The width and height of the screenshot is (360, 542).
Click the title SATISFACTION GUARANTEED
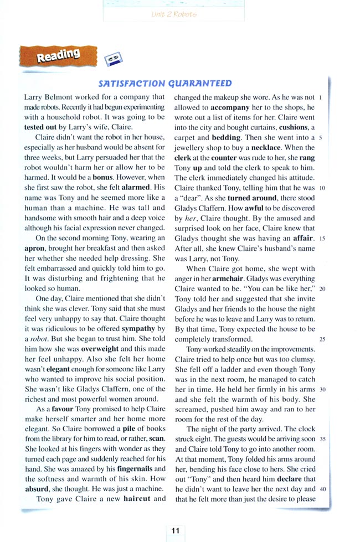point(165,84)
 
